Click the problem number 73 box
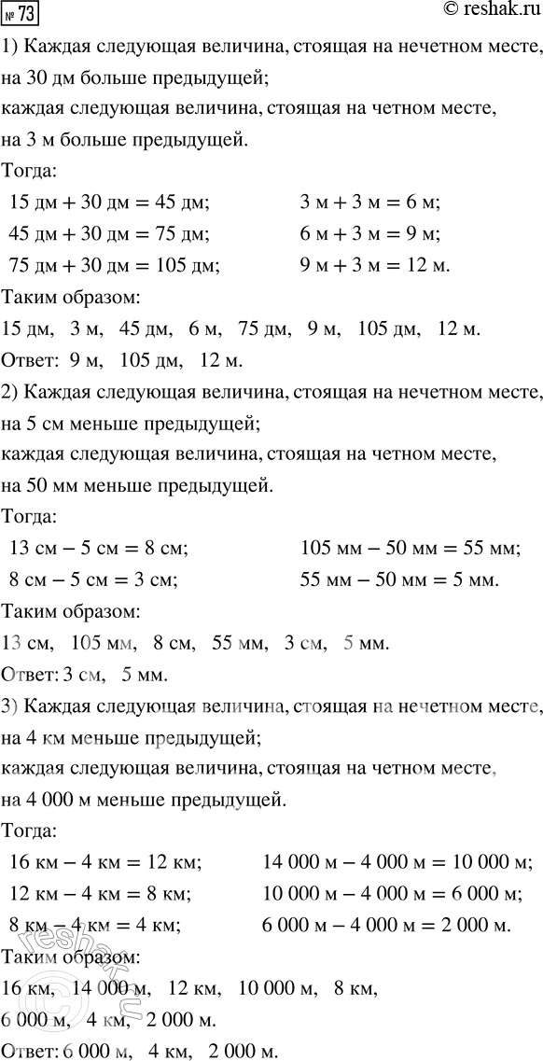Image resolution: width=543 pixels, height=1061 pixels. (20, 15)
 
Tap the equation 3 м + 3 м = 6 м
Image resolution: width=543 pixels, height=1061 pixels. (369, 202)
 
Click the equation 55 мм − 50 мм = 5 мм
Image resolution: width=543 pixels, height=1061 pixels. (399, 579)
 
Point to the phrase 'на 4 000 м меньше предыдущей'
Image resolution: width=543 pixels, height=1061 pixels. (148, 800)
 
